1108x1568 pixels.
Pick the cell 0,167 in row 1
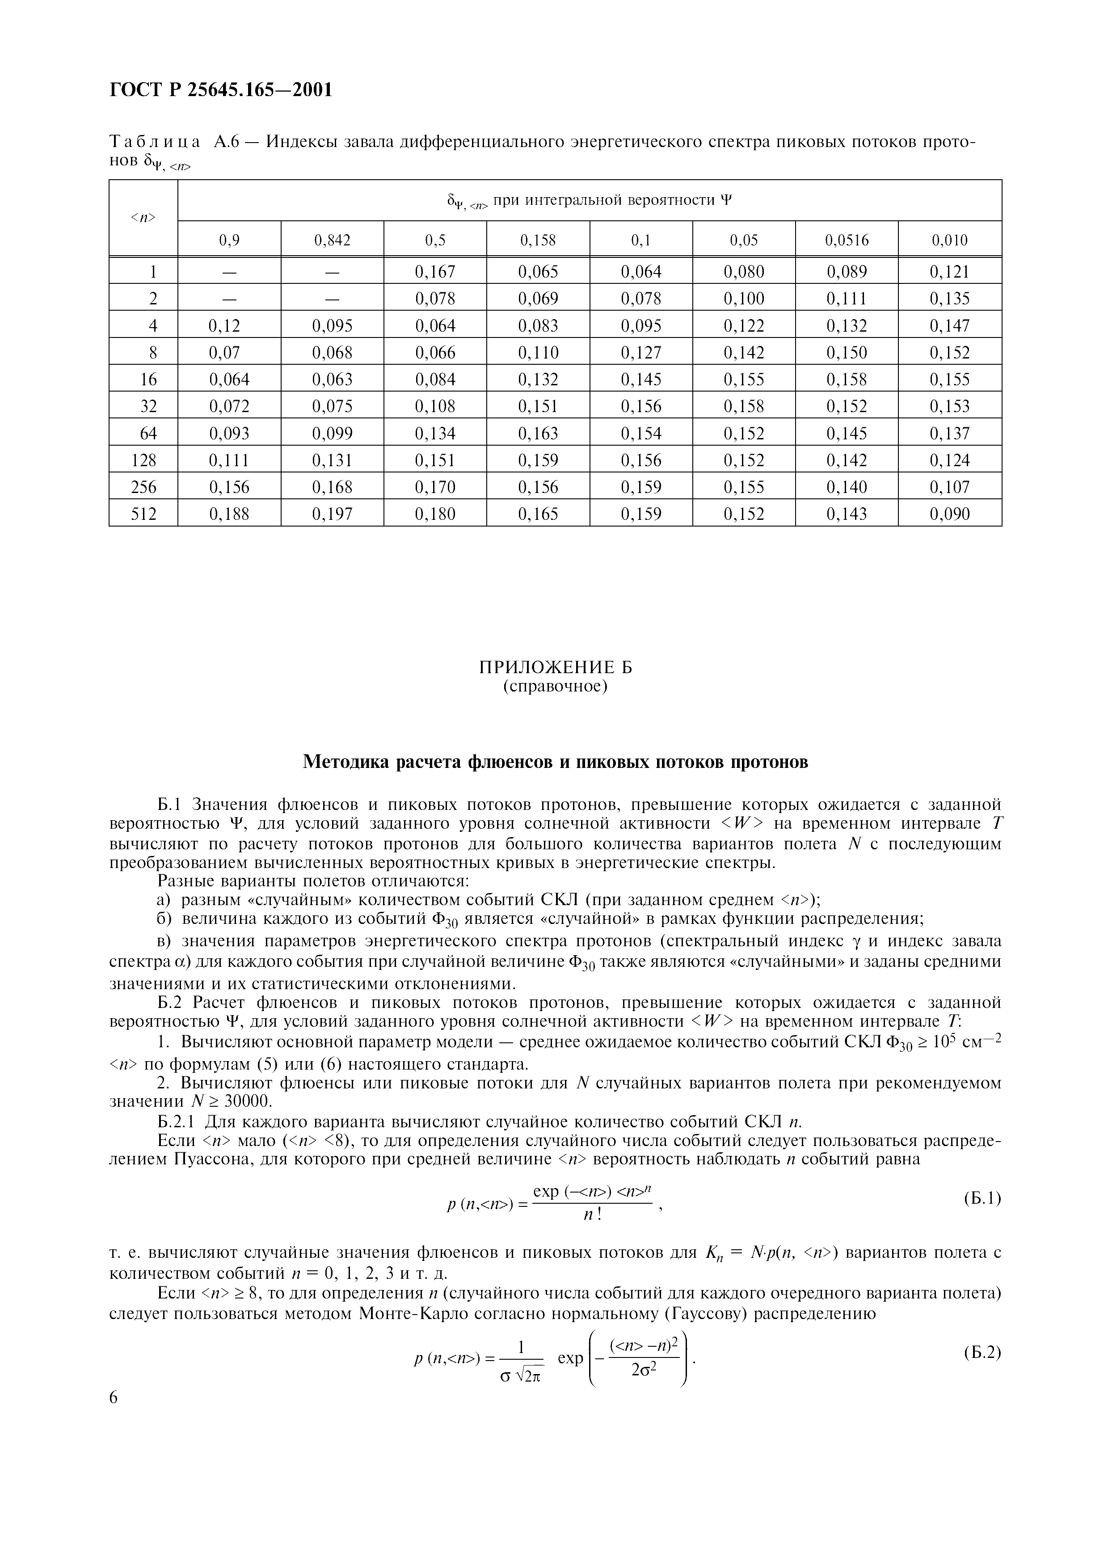pos(435,272)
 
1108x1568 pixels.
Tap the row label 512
pos(143,514)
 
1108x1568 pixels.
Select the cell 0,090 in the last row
pos(950,514)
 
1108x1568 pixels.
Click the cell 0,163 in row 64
pos(538,434)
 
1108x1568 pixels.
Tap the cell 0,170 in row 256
pos(435,487)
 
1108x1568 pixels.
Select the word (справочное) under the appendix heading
pos(555,686)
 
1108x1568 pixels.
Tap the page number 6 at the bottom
pos(114,1398)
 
